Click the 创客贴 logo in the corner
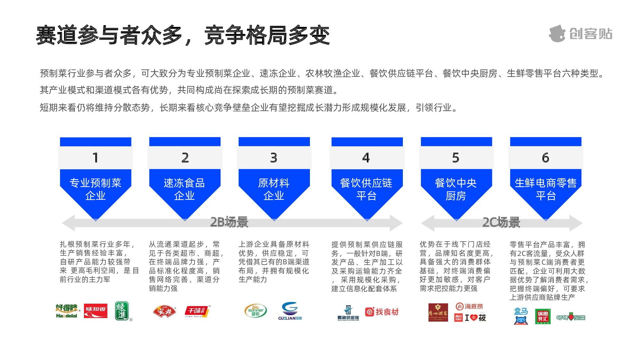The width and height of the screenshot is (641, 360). coord(580,34)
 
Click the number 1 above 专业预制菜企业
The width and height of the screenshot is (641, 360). coord(96,158)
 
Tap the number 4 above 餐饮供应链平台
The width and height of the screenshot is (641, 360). coord(366,158)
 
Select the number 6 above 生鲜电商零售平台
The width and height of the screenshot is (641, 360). coord(545,158)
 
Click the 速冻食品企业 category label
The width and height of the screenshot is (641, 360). coord(184,189)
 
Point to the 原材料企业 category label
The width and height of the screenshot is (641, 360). coord(274,189)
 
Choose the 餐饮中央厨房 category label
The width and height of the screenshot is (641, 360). coord(456,189)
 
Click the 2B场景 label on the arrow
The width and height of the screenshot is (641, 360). coord(229,222)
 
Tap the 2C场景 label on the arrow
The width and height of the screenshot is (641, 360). coord(501,222)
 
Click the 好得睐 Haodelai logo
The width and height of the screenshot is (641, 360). coord(67,311)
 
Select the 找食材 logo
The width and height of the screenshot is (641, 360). coord(382,312)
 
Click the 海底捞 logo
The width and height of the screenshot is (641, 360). coord(469,307)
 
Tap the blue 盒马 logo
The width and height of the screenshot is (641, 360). coord(521,316)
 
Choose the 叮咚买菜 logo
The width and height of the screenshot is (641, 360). coord(571,317)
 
